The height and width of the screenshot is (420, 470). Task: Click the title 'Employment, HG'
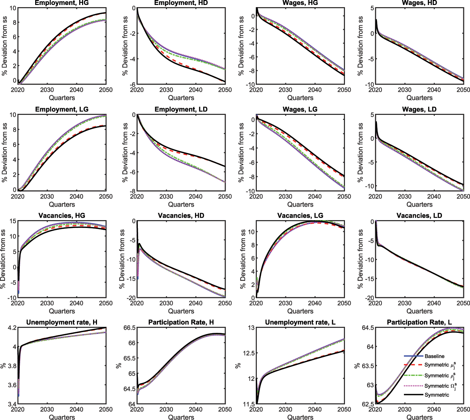click(62, 3)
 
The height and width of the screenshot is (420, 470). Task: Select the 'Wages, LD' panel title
click(419, 109)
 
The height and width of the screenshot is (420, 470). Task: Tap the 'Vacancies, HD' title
click(181, 216)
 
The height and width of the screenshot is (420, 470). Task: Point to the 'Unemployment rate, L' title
click(300, 322)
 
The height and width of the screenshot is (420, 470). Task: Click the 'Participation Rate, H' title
click(181, 322)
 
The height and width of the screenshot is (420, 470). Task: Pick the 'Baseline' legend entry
click(434, 356)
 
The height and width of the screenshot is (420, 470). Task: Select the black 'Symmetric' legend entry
click(437, 395)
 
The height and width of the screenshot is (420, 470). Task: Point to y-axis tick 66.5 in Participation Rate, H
click(129, 328)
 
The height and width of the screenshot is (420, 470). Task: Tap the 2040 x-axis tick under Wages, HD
click(434, 90)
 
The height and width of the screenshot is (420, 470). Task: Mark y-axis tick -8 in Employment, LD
click(132, 191)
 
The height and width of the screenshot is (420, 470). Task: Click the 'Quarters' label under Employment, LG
click(62, 204)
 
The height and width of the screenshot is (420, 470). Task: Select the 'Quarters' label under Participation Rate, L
click(419, 417)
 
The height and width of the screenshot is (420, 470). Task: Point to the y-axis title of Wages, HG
click(241, 46)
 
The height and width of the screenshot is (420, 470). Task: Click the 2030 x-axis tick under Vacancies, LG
click(285, 303)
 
